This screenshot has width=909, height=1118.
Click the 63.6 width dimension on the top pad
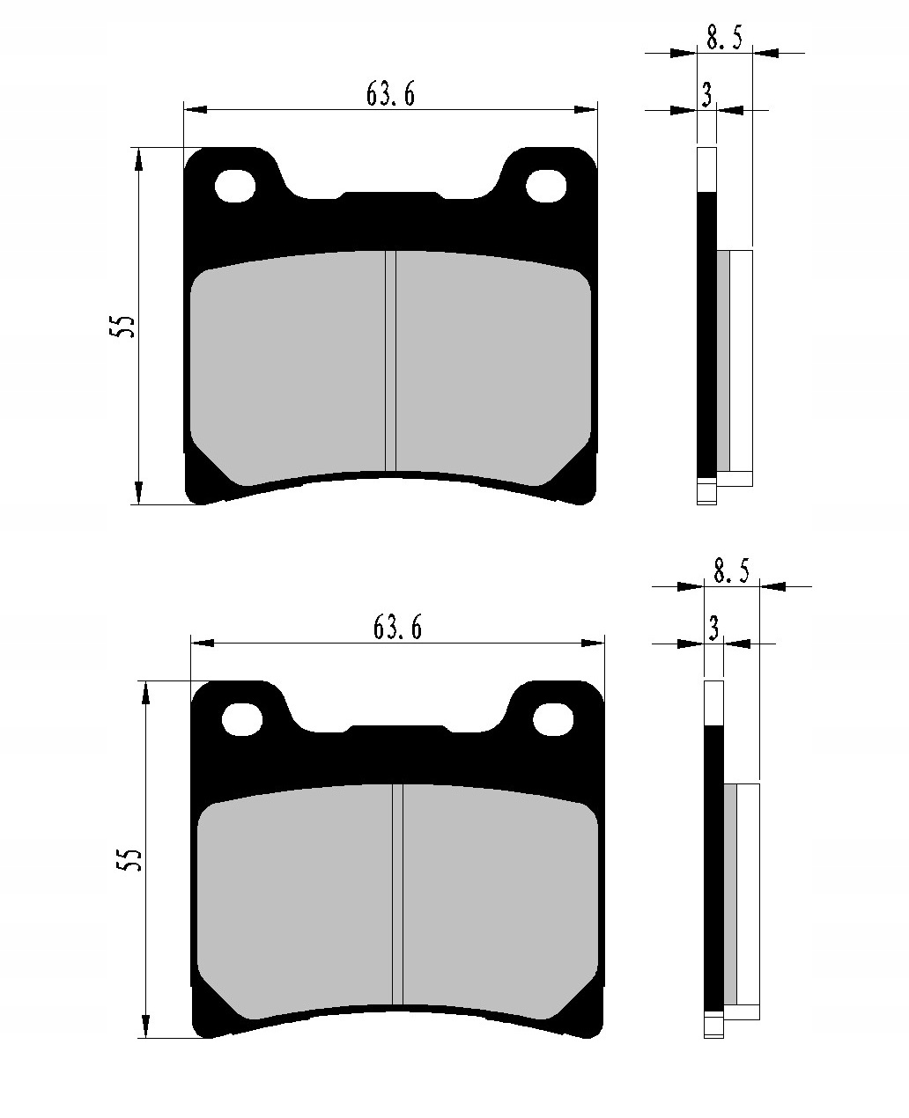390,95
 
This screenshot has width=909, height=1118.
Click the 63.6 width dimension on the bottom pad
397,628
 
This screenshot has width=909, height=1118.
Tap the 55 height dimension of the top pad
122,326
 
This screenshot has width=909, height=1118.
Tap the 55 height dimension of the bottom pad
129,860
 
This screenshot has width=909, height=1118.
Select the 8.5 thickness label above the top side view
724,38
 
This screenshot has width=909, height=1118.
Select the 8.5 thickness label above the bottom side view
731,571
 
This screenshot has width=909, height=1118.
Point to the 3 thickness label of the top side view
706,95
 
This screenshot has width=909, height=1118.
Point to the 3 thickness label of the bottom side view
713,629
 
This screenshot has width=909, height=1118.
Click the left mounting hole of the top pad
235,187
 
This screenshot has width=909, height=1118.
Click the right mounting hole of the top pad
546,187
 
